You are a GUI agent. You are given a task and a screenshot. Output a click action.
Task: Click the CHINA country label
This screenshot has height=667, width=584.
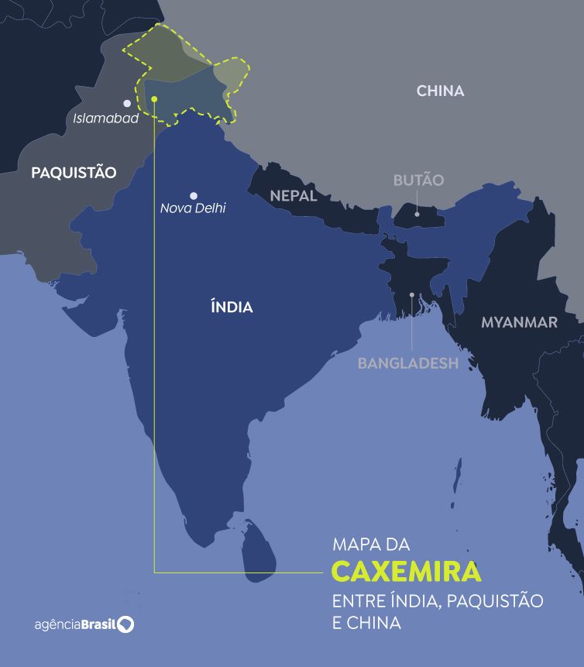[440, 91]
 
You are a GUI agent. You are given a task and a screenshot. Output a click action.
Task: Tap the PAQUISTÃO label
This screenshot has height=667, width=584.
[74, 173]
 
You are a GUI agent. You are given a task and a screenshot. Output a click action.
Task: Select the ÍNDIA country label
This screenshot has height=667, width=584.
[232, 308]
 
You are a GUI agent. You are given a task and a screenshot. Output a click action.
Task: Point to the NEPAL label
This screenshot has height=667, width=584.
[294, 196]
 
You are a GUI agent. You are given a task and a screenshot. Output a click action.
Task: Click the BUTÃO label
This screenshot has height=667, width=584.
[418, 181]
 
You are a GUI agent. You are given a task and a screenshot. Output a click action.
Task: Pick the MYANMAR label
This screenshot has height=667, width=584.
[519, 322]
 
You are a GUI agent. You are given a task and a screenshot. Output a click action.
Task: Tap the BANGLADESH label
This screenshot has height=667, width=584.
[407, 363]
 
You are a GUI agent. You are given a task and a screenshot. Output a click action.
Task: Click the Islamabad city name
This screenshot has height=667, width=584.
[106, 119]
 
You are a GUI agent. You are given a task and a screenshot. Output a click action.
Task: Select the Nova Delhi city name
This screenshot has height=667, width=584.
[193, 208]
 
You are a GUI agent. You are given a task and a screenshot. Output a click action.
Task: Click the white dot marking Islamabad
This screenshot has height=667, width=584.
[127, 103]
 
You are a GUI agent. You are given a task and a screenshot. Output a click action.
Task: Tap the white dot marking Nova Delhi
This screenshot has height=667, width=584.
[193, 196]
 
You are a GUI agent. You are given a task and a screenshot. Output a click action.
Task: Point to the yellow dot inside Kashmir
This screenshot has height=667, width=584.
[155, 99]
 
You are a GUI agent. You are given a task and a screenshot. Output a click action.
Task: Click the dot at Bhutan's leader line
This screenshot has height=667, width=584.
[417, 213]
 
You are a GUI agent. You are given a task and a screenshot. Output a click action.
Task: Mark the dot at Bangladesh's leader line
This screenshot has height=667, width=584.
[412, 295]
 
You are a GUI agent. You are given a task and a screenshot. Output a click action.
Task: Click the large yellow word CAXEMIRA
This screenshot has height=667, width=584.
[407, 572]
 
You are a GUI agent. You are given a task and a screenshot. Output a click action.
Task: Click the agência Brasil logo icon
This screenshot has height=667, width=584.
[125, 624]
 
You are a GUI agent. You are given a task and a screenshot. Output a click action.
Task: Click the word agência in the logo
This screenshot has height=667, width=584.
[57, 624]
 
